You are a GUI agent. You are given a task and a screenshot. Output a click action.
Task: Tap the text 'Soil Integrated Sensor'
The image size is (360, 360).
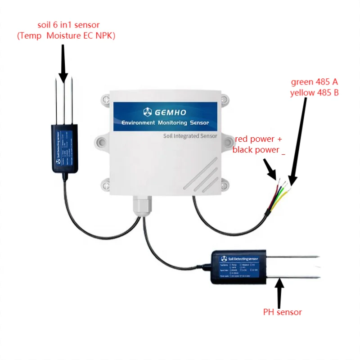pyautogui.click(x=189, y=135)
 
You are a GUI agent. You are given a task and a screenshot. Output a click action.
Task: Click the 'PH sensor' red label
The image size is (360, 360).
pyautogui.click(x=283, y=312)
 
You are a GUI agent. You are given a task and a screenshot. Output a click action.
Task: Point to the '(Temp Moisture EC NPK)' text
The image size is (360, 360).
pyautogui.click(x=66, y=36)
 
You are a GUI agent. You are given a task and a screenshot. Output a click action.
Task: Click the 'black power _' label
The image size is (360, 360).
pyautogui.click(x=259, y=150)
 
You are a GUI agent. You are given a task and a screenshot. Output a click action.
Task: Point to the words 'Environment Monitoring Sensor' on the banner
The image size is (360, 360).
pyautogui.click(x=166, y=122)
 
